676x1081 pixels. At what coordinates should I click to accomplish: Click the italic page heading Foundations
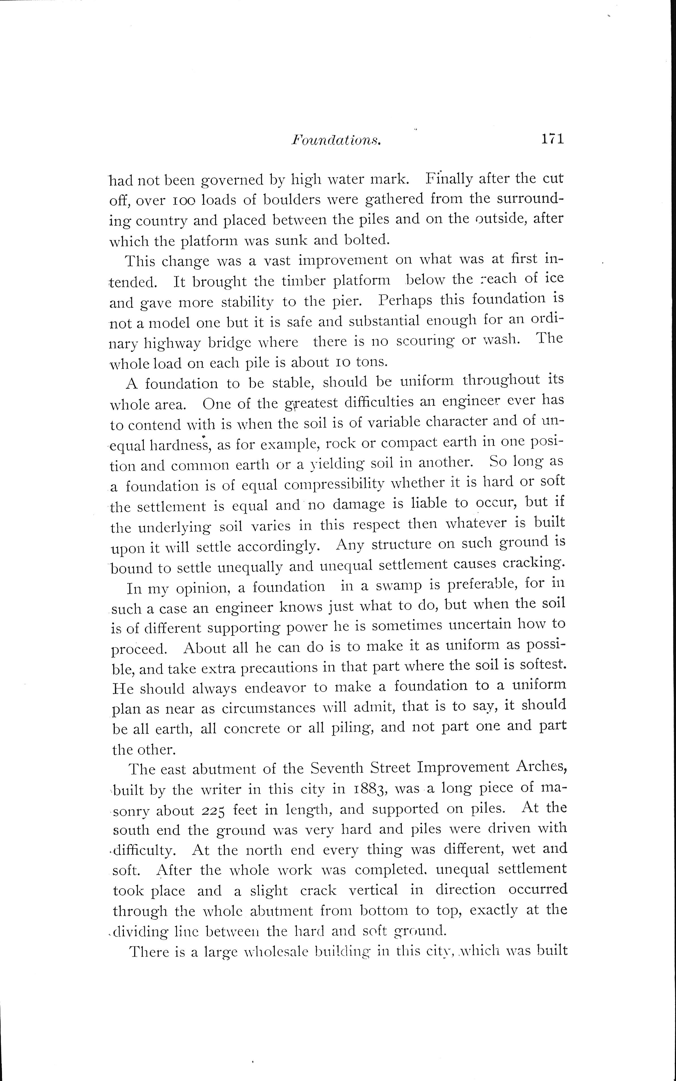[x=336, y=140]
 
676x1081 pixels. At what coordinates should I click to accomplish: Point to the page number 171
[x=553, y=139]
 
